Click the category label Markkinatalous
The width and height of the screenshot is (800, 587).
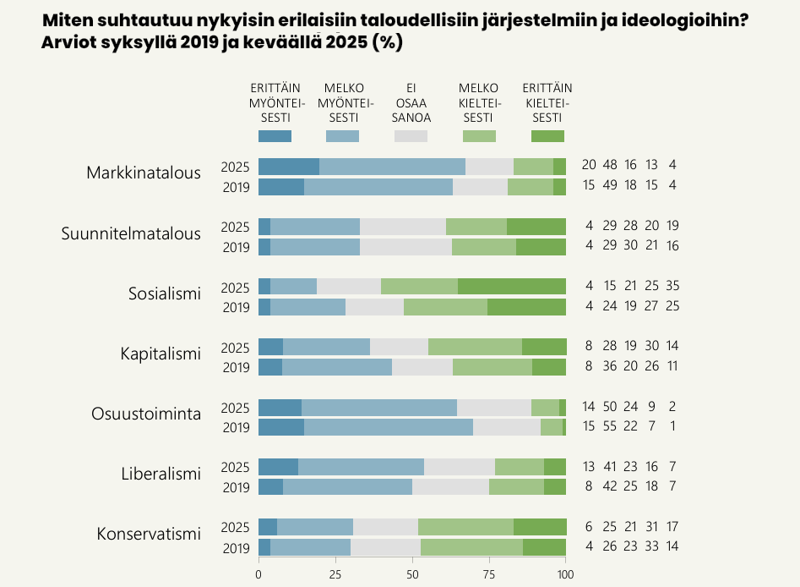coord(144,173)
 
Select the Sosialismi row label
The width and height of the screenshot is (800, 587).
coord(165,293)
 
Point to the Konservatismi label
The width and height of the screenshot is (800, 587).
coord(149,534)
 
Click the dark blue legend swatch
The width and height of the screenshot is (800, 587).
coord(275,136)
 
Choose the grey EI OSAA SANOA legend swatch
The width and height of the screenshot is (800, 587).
coord(411,136)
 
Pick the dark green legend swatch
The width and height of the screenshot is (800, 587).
coord(547,136)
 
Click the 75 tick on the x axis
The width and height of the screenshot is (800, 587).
coord(489,574)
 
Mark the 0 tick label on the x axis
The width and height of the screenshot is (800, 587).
coord(259,574)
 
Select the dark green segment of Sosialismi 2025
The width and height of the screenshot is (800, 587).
coord(512,286)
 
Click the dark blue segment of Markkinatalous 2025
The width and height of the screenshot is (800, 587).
coord(289,167)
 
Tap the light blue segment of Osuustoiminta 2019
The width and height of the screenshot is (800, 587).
coord(389,427)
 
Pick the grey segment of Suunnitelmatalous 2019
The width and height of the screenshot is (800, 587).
coord(405,247)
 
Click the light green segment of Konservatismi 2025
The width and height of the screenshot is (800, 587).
coord(465,527)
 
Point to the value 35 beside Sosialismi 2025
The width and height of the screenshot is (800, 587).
coord(672,286)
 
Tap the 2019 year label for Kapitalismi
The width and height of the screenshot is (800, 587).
coord(235,367)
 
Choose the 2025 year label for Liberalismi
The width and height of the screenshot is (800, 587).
coord(235,467)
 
